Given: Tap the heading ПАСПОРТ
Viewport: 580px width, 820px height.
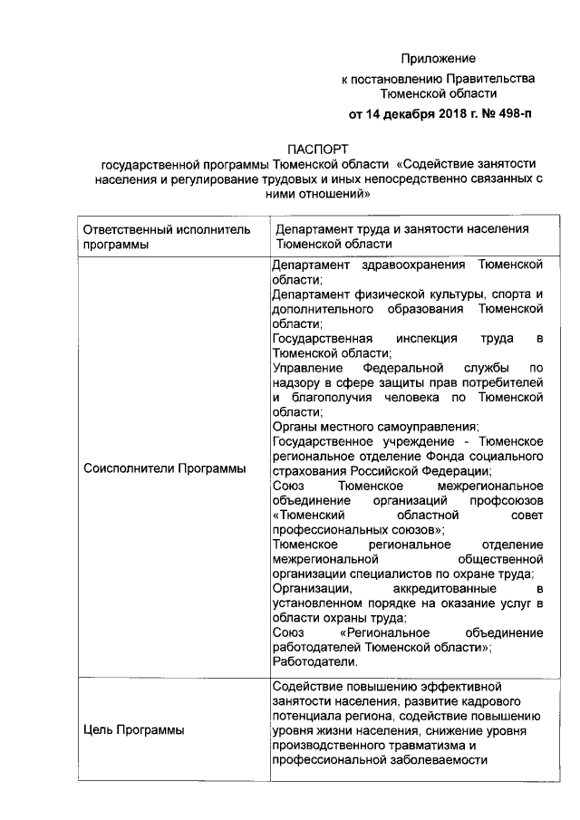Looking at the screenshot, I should click(318, 149).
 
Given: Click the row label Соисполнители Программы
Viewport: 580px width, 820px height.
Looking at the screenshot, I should click(164, 468).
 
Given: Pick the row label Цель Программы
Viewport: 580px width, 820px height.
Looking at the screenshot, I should click(133, 729).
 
